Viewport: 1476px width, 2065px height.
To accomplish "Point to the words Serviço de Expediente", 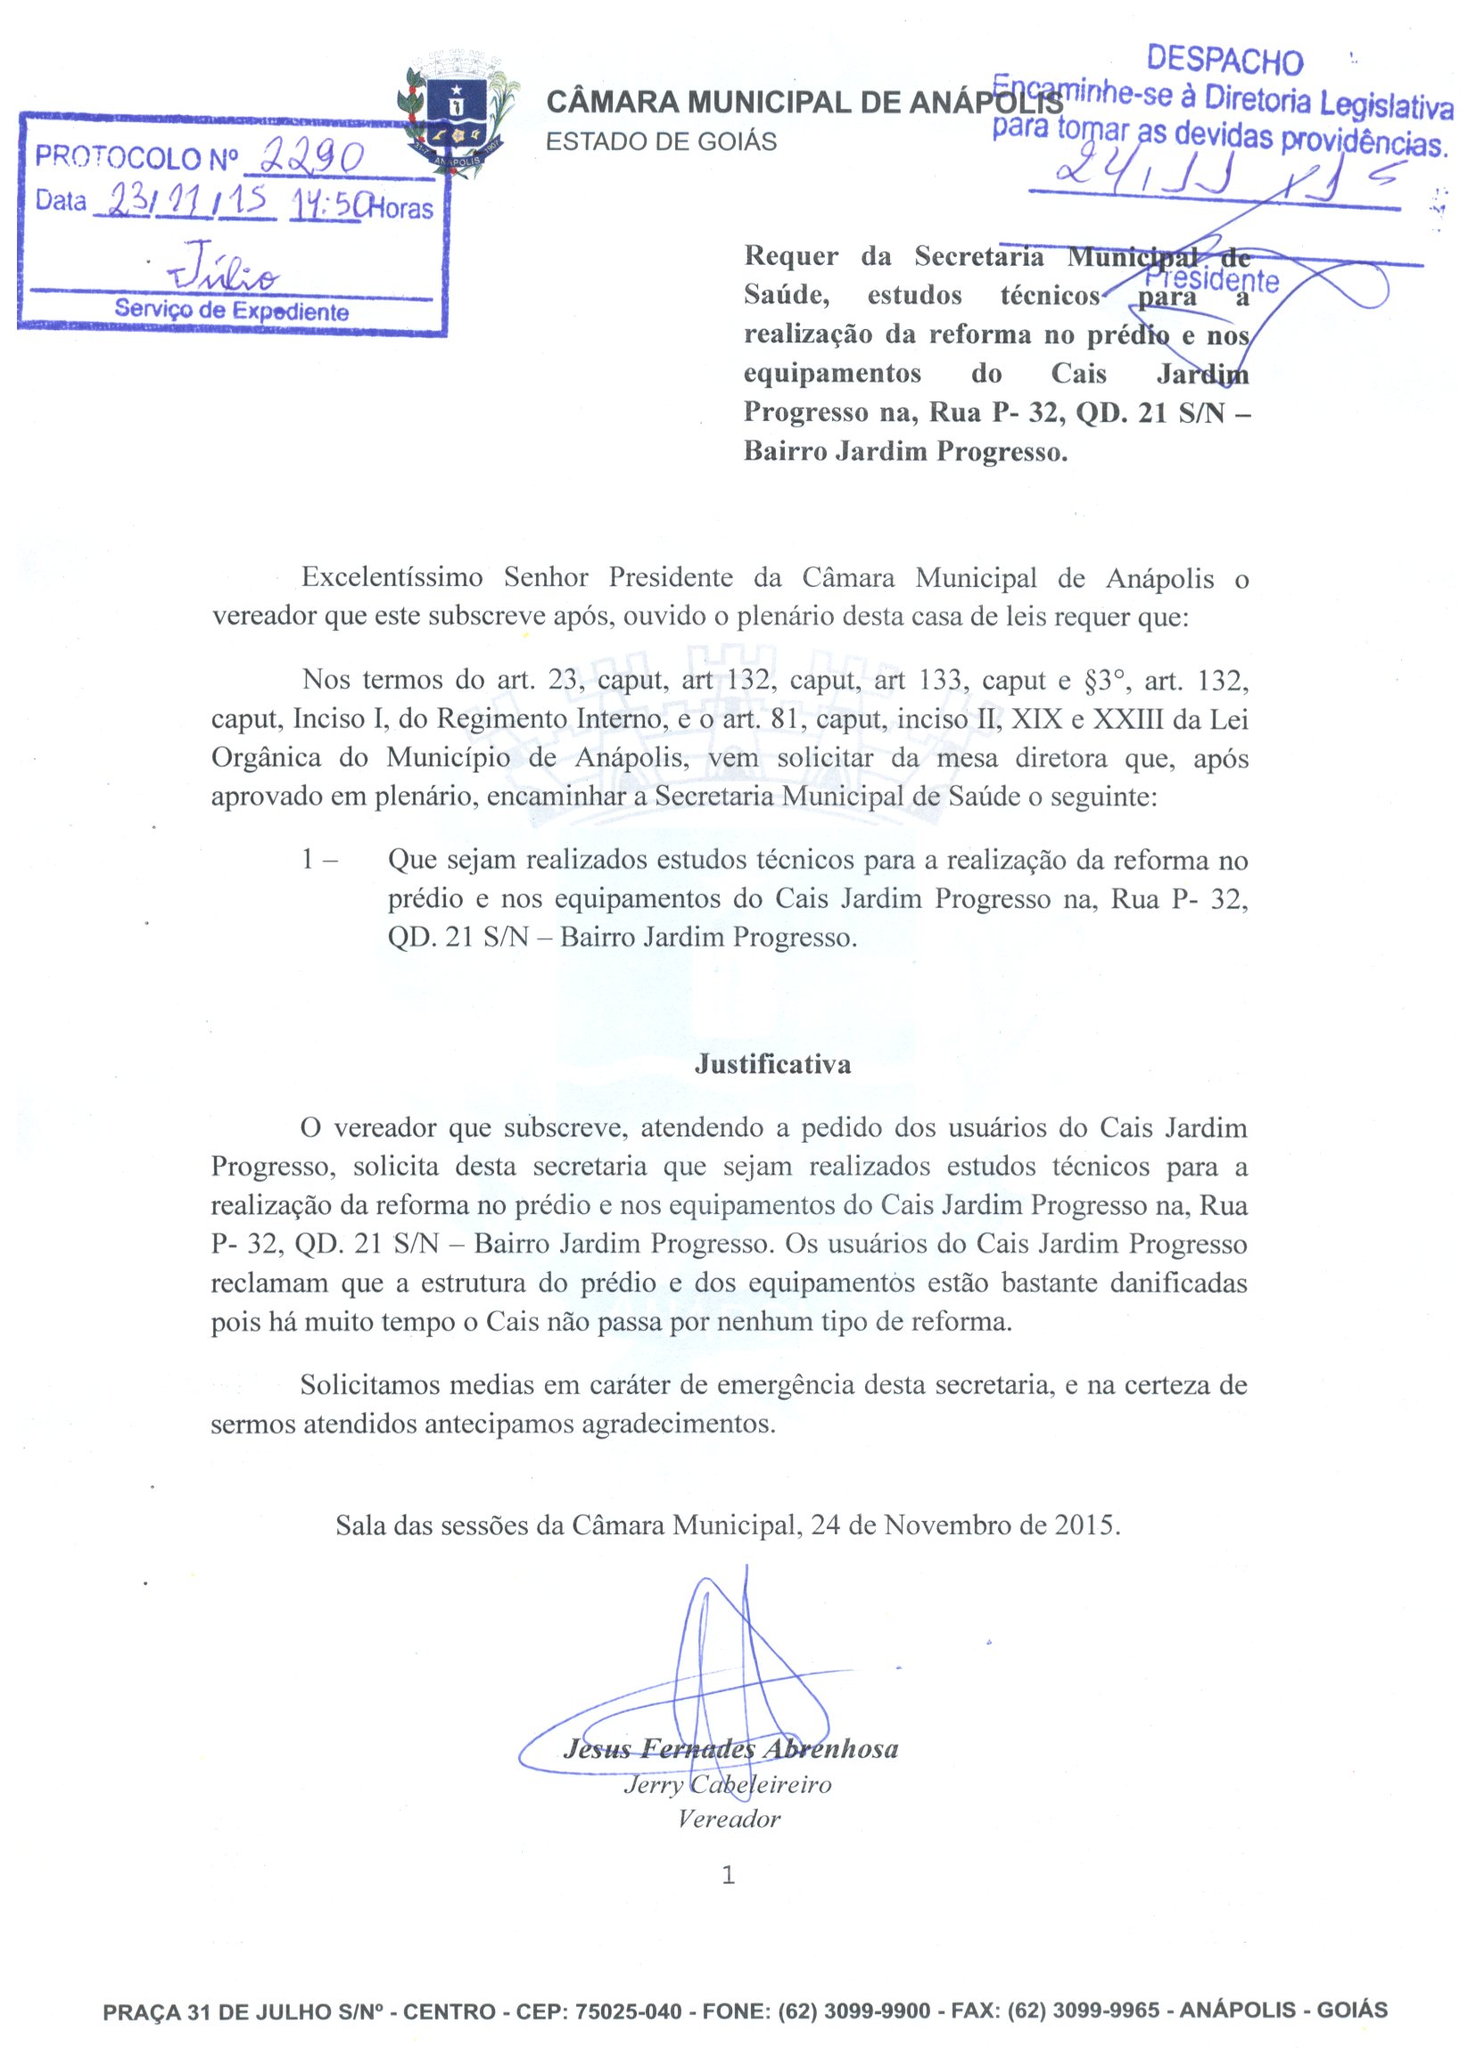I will coord(231,310).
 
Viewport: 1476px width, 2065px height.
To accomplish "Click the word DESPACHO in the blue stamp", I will coord(1225,61).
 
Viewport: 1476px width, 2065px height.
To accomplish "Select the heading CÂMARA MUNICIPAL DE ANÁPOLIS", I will coord(804,103).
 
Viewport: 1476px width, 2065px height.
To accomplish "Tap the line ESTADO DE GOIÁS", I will coord(661,142).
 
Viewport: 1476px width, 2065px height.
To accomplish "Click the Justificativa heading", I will coord(772,1064).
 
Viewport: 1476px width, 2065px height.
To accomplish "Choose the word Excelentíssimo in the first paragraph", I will coord(392,578).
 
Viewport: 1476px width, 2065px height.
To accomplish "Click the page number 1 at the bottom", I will coord(727,1874).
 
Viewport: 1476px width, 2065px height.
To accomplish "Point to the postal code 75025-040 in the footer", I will coord(628,2011).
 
